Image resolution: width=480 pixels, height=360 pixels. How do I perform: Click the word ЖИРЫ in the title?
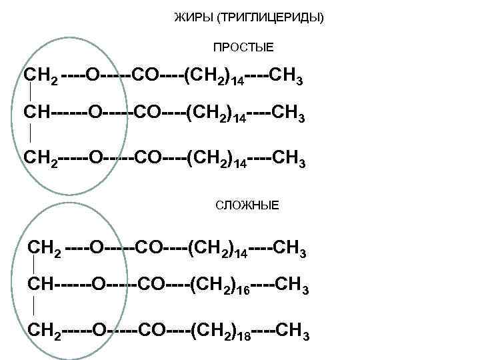(x=188, y=15)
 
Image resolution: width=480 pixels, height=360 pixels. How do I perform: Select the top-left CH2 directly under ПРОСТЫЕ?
(x=39, y=77)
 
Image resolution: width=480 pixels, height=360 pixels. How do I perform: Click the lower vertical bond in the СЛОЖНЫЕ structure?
(x=32, y=308)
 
